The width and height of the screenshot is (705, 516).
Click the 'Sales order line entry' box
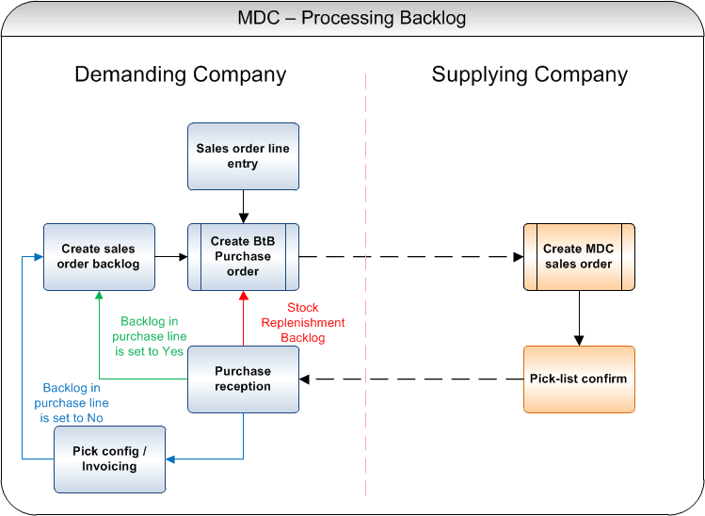coord(243,156)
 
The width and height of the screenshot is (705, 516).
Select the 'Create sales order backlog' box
coord(100,257)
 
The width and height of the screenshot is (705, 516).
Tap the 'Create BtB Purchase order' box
coord(243,257)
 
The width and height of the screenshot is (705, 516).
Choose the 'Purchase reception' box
coord(243,379)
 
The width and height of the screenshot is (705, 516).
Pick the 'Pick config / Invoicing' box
coord(110,460)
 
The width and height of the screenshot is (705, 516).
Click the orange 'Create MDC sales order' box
coord(579,257)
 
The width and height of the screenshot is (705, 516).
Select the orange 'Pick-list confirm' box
coord(579,379)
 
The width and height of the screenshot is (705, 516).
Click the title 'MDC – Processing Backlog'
coord(352,19)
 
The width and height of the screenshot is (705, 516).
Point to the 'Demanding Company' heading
coord(181,74)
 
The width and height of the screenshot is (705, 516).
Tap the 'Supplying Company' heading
coord(530,74)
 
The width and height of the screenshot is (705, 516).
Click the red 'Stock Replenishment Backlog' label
coord(303,323)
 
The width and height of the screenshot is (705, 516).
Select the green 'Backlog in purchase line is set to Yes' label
coord(150,336)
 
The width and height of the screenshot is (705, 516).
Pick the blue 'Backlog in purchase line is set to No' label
coord(72,403)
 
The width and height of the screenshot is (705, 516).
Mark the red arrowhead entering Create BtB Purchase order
coord(243,296)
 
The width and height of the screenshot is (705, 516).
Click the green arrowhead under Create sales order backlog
coord(100,295)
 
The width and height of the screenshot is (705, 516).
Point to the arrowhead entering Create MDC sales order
coord(519,257)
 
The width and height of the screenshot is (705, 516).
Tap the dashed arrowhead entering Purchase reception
coord(304,379)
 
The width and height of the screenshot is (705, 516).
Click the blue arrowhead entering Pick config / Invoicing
coord(170,460)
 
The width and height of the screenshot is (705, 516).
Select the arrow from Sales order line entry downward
coord(243,207)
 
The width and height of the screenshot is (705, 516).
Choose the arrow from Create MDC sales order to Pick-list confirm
coord(579,318)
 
